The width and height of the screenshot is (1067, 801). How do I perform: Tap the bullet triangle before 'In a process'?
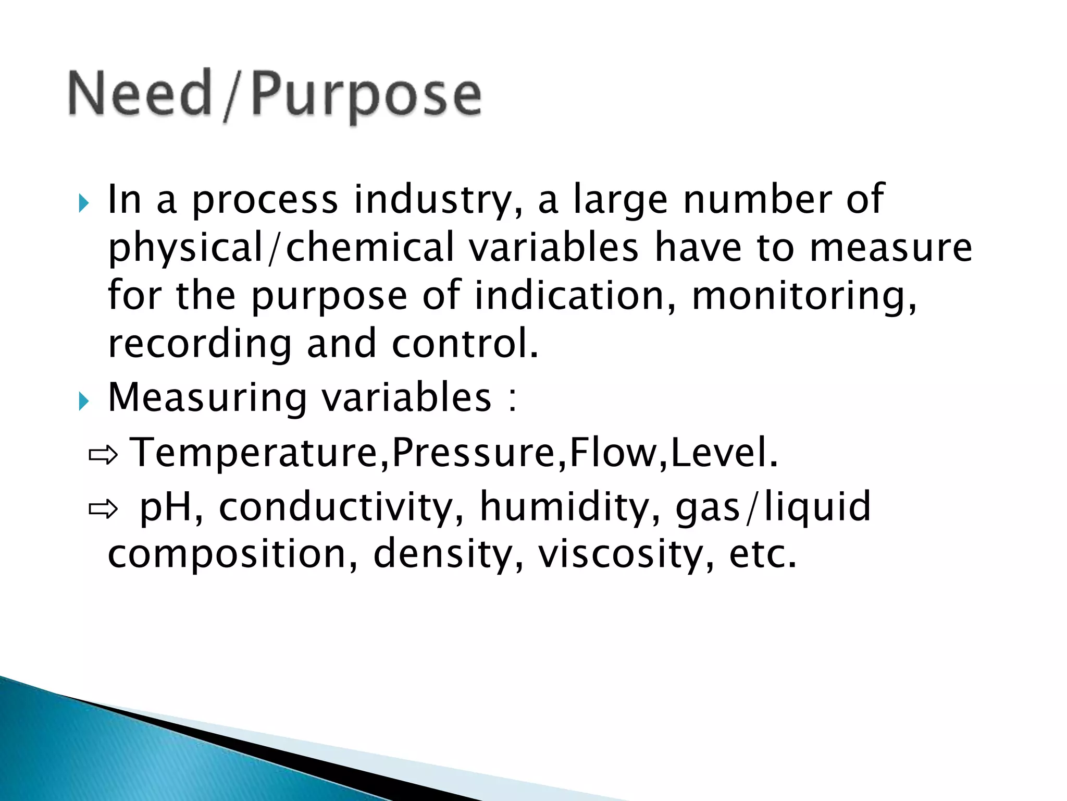click(x=84, y=203)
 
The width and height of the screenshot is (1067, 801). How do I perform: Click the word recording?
click(x=199, y=345)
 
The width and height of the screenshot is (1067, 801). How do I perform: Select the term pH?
click(x=166, y=507)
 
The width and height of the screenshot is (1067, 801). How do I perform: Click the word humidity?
click(x=565, y=507)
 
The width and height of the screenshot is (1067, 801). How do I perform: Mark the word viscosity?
click(x=619, y=555)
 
